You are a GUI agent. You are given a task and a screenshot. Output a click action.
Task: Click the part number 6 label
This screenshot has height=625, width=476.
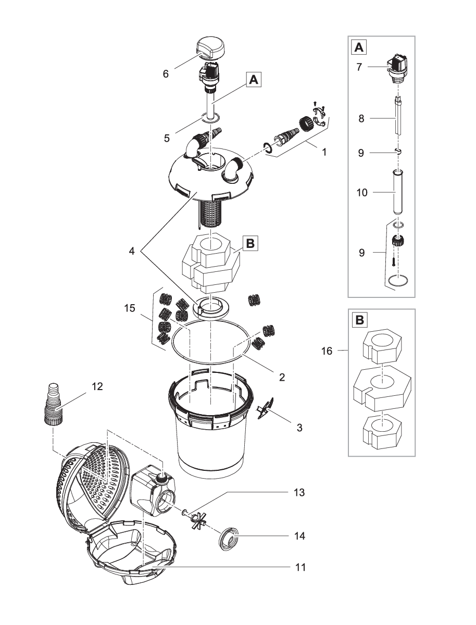click(x=166, y=74)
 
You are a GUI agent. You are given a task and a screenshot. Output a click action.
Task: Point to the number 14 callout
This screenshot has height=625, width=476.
click(x=298, y=535)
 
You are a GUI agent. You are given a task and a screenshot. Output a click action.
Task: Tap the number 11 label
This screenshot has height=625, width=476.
click(x=298, y=567)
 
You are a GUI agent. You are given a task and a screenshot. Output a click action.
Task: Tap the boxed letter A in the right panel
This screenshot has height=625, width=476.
click(x=359, y=47)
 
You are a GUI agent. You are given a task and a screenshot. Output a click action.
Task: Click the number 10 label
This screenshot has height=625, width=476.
click(x=360, y=193)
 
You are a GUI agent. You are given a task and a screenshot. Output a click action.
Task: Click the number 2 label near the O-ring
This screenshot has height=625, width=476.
click(x=281, y=376)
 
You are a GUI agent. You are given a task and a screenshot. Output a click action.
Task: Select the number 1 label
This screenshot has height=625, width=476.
click(x=325, y=153)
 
